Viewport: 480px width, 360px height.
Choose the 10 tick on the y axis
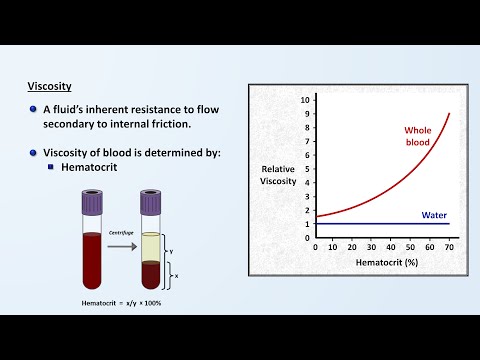click(x=307, y=100)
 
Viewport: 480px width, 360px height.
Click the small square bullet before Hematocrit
click(x=51, y=167)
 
